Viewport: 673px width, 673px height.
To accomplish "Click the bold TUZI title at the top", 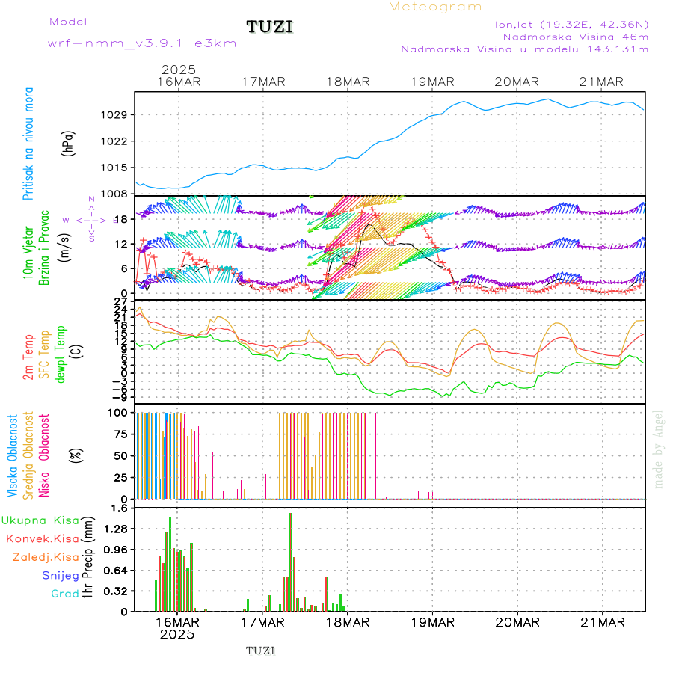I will click(269, 28).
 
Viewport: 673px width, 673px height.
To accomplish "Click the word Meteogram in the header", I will click(435, 7).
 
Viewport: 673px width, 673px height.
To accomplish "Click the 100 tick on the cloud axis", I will click(120, 412).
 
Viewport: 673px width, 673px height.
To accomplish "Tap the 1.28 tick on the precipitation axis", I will click(117, 529).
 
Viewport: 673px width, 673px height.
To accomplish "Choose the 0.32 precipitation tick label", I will click(117, 591).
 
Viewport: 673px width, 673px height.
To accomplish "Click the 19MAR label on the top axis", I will click(433, 82).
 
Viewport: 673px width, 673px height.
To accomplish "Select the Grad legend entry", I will click(65, 594).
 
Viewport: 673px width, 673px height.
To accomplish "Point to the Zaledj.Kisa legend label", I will click(46, 556).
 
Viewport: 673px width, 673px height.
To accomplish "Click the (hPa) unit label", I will click(69, 142).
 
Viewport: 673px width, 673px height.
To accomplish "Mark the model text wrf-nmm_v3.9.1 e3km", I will click(142, 43).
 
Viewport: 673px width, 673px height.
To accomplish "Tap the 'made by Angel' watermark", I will click(658, 449).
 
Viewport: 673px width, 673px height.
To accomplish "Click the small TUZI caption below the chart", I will click(260, 651).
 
